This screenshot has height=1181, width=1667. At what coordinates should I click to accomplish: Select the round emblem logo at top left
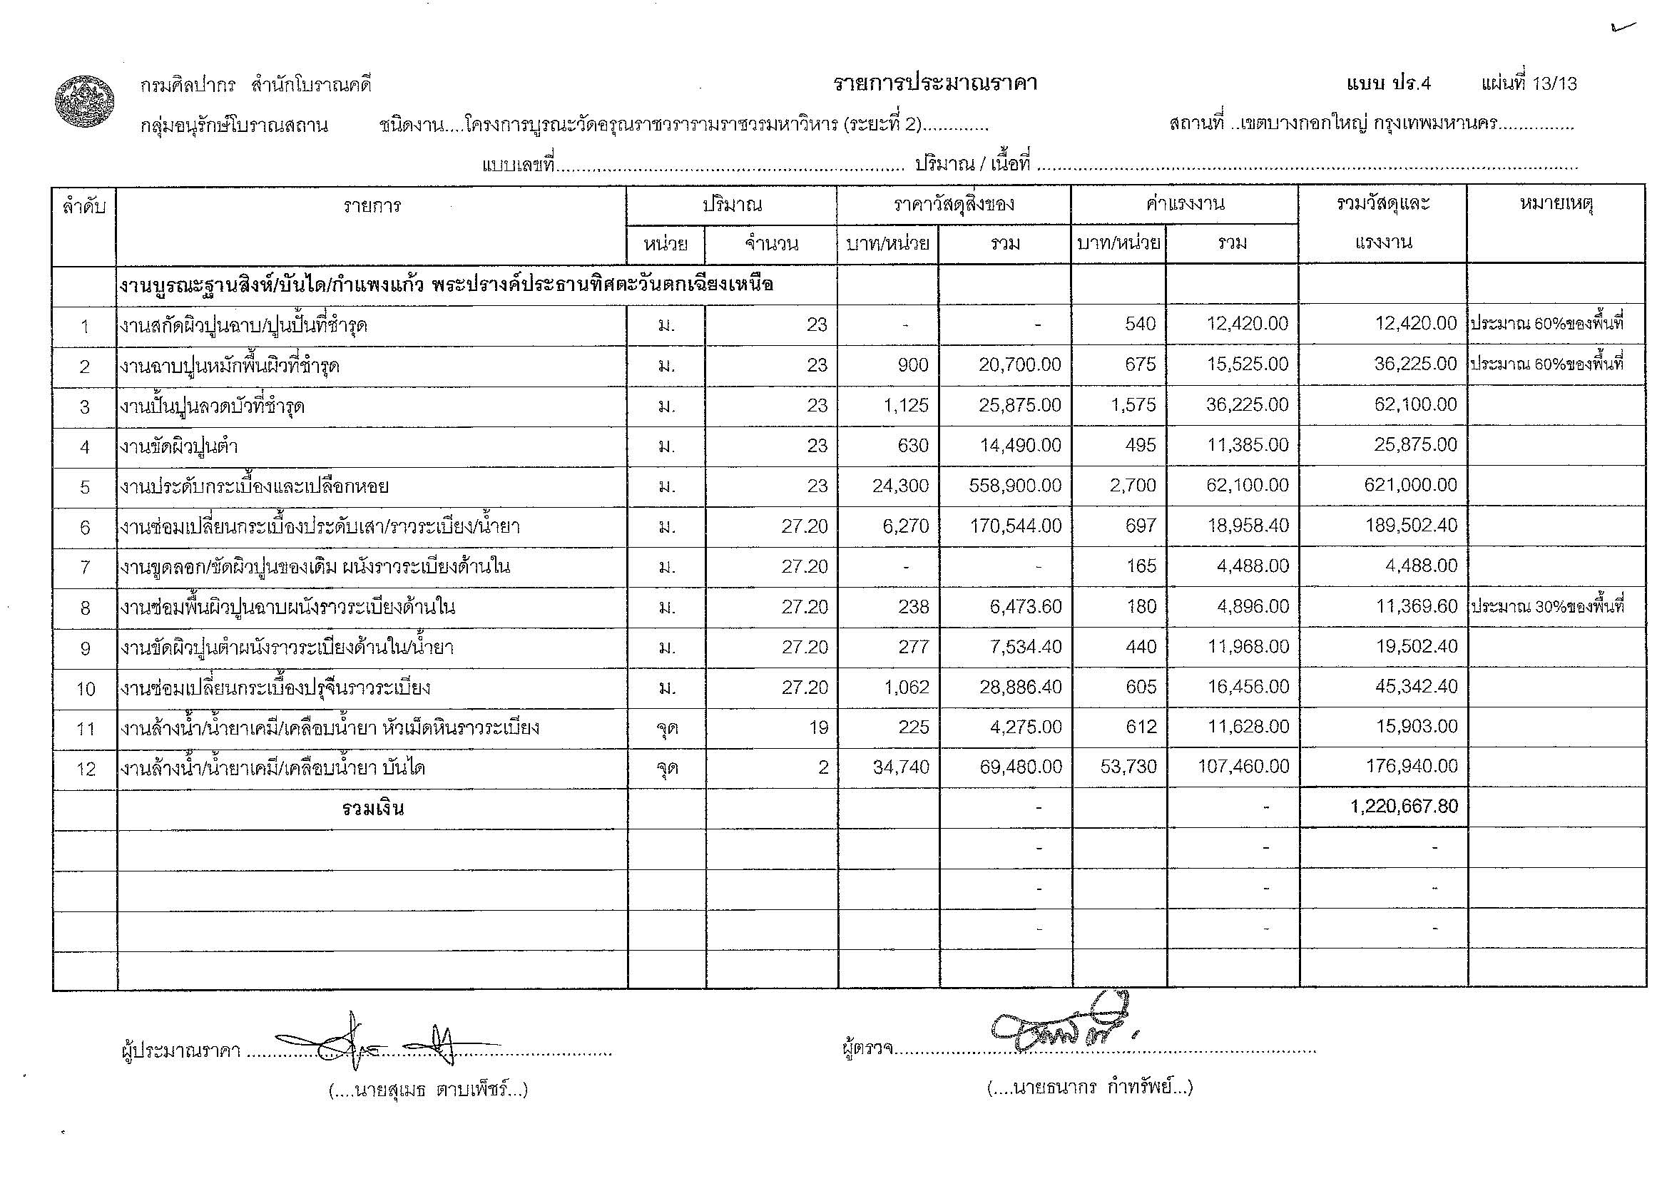[x=85, y=103]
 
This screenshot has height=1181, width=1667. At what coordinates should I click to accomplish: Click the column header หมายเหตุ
[x=1556, y=205]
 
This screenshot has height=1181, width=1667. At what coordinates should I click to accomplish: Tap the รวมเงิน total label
[x=372, y=808]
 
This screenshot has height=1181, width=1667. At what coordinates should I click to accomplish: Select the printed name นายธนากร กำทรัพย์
[x=1089, y=1088]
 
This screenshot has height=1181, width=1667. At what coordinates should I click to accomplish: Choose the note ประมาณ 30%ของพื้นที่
[x=1547, y=606]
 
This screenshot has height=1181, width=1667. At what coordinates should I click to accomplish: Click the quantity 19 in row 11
[x=818, y=727]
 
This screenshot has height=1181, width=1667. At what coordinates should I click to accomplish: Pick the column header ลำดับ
[x=84, y=207]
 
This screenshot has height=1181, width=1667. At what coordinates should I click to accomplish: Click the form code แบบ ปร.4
[x=1387, y=83]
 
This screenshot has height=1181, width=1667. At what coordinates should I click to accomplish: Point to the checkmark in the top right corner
[x=1623, y=28]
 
